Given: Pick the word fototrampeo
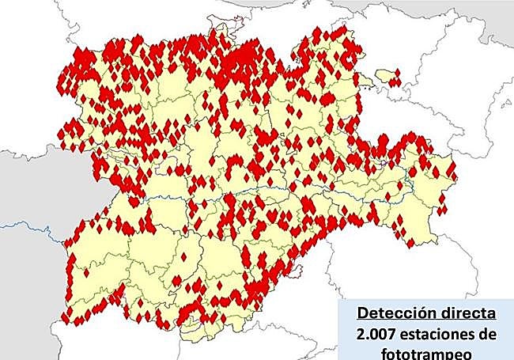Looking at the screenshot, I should point(425,354).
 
